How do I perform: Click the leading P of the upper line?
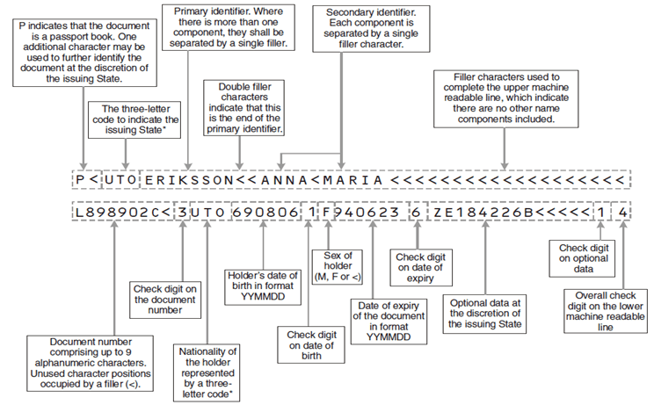[81, 180]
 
